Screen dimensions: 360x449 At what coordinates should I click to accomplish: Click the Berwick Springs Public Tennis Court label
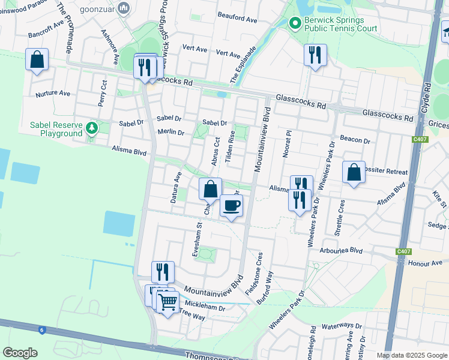point(341,24)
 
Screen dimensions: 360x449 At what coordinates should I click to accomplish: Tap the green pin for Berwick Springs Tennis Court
point(295,24)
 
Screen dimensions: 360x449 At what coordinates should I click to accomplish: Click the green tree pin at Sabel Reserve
point(91,128)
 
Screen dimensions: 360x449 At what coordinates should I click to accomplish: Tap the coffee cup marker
point(232,206)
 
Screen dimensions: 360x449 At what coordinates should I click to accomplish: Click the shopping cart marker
point(168,301)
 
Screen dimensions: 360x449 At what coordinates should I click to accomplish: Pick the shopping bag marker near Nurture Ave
point(37,60)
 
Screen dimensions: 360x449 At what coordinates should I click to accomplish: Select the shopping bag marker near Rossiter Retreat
point(354,172)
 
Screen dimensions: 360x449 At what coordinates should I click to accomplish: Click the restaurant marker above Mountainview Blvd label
point(163,272)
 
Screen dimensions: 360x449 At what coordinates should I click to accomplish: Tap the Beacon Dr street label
point(355,139)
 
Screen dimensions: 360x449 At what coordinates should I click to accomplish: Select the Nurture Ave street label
point(53,94)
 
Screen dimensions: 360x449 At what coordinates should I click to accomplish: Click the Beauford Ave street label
point(237,19)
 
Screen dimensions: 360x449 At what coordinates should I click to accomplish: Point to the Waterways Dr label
point(343,326)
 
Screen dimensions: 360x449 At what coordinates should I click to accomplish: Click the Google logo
point(20,353)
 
